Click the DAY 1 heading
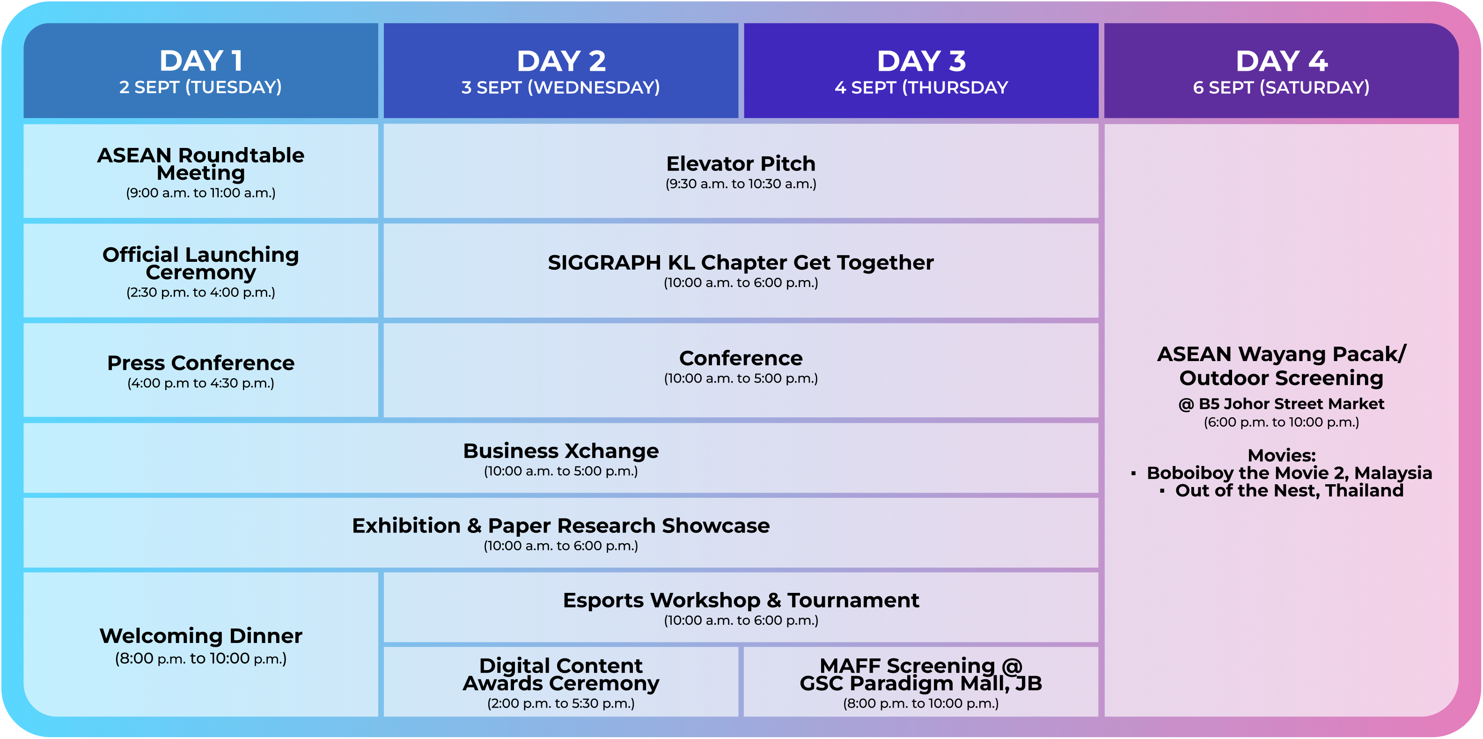point(200,61)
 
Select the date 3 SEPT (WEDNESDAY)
point(560,88)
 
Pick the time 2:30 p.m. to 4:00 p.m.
point(200,293)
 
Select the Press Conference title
point(200,363)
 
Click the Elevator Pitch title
point(741,163)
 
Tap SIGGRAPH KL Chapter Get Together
point(741,263)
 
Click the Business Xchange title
point(560,451)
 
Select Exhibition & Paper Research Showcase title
point(560,526)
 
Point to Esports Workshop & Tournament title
point(741,600)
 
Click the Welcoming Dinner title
point(200,636)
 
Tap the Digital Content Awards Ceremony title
point(560,674)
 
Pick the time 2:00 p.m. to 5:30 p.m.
point(560,704)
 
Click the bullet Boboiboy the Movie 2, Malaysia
point(1288,473)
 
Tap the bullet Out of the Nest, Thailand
point(1288,491)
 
